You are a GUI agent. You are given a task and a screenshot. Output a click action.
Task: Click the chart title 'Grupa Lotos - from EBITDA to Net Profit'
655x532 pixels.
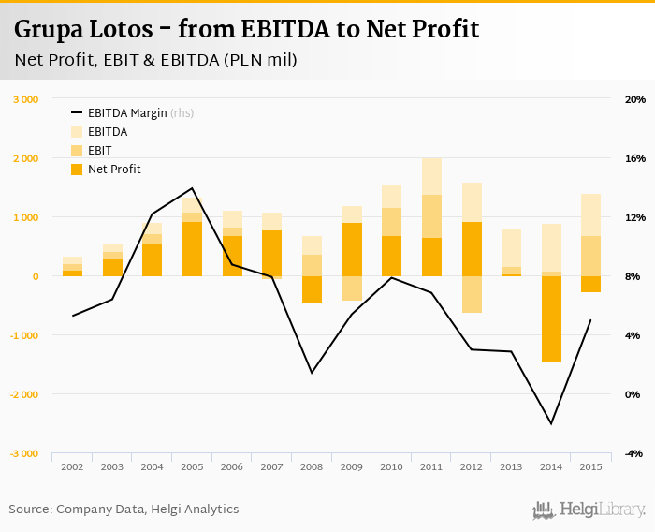[x=247, y=30]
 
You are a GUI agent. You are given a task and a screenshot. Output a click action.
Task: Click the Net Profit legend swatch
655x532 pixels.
[x=77, y=170]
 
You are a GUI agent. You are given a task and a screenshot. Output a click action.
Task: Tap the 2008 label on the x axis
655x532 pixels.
[x=312, y=466]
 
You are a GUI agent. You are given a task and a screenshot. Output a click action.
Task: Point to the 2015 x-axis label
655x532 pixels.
[x=591, y=466]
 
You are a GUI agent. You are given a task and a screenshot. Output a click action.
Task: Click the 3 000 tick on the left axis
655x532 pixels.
[x=24, y=99]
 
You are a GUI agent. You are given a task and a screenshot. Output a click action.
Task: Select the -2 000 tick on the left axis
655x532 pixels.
[x=23, y=394]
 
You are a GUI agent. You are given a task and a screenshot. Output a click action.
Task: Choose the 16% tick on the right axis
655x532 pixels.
[x=635, y=158]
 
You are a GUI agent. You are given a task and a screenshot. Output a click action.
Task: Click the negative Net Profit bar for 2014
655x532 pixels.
[x=551, y=318]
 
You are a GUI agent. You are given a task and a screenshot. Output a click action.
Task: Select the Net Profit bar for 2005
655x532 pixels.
[x=192, y=249]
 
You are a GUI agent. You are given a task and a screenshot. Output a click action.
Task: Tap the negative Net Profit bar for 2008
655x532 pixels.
[x=312, y=289]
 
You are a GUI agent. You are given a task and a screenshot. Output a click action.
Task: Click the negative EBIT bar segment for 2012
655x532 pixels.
[x=472, y=294]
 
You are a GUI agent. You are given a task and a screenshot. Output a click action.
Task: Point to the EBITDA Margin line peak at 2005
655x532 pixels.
[x=192, y=188]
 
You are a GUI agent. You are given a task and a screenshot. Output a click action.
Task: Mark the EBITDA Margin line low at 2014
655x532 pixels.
[x=551, y=423]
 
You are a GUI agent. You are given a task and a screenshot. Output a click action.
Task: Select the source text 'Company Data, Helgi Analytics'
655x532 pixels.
[x=147, y=510]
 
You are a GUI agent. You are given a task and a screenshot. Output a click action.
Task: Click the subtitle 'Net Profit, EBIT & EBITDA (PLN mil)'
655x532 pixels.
[x=156, y=61]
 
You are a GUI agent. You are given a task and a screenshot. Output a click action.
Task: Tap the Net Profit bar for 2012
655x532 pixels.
[x=472, y=249]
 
